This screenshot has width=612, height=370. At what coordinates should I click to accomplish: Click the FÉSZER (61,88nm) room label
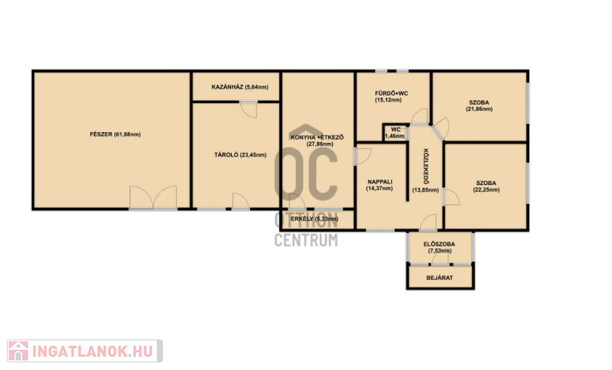pos(116,135)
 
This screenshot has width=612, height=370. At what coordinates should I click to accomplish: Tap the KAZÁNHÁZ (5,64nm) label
pos(239,87)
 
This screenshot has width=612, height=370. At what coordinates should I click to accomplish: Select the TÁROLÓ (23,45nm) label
pos(240,154)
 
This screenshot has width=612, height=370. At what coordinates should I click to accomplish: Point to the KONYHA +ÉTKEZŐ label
pos(317,138)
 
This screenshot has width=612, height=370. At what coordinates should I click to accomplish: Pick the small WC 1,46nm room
pos(396,132)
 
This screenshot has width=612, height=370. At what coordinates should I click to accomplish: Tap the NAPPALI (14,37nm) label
pos(379,185)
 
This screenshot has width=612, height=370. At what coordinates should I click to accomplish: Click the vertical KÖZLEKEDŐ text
pos(426,167)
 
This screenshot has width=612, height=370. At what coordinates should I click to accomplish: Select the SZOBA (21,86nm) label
pos(479,105)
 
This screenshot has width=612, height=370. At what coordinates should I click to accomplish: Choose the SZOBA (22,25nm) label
pos(486,187)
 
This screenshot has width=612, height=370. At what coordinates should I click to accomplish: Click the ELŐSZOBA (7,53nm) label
pos(439,248)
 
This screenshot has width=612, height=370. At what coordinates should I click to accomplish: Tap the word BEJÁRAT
pos(439,278)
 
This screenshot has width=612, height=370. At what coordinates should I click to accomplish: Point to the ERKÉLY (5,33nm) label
pos(314,219)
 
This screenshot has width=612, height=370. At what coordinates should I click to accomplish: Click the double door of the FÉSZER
pos(153,198)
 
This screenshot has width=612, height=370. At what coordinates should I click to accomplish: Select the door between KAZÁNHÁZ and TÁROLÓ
pos(249,109)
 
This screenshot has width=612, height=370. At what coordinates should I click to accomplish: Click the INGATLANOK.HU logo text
pos(93,352)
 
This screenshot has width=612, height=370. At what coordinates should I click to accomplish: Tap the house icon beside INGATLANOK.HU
pos(18,351)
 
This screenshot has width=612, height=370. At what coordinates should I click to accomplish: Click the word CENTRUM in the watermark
pos(306,240)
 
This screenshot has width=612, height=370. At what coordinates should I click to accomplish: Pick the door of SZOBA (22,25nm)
pos(451,197)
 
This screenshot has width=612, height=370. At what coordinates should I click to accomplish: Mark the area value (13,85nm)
pos(425,190)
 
